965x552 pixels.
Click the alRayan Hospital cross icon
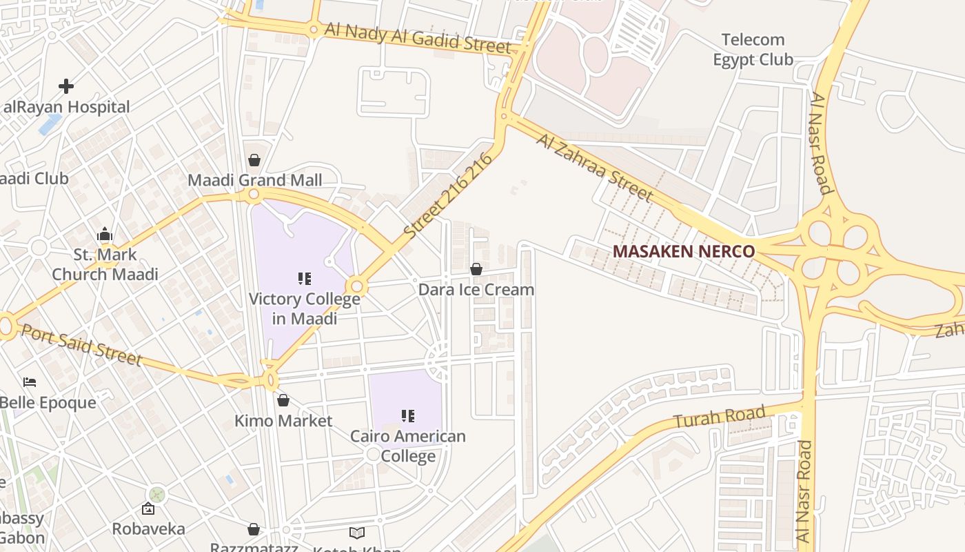66,86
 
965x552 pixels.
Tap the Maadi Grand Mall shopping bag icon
254,160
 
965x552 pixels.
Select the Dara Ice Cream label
476,289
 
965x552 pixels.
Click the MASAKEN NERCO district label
684,251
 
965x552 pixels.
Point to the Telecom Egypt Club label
753,50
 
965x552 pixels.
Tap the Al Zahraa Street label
594,168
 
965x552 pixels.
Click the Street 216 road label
449,196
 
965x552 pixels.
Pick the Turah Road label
720,417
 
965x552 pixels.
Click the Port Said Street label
81,344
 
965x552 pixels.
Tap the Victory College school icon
304,279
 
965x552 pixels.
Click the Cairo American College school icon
408,416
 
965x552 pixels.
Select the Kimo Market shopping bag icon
283,400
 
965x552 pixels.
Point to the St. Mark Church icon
105,235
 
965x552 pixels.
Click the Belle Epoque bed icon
30,382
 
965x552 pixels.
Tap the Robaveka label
148,529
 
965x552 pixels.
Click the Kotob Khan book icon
356,533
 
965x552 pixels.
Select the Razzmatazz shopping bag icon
254,529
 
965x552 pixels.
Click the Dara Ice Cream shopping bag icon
476,269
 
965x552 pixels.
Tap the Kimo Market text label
283,421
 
